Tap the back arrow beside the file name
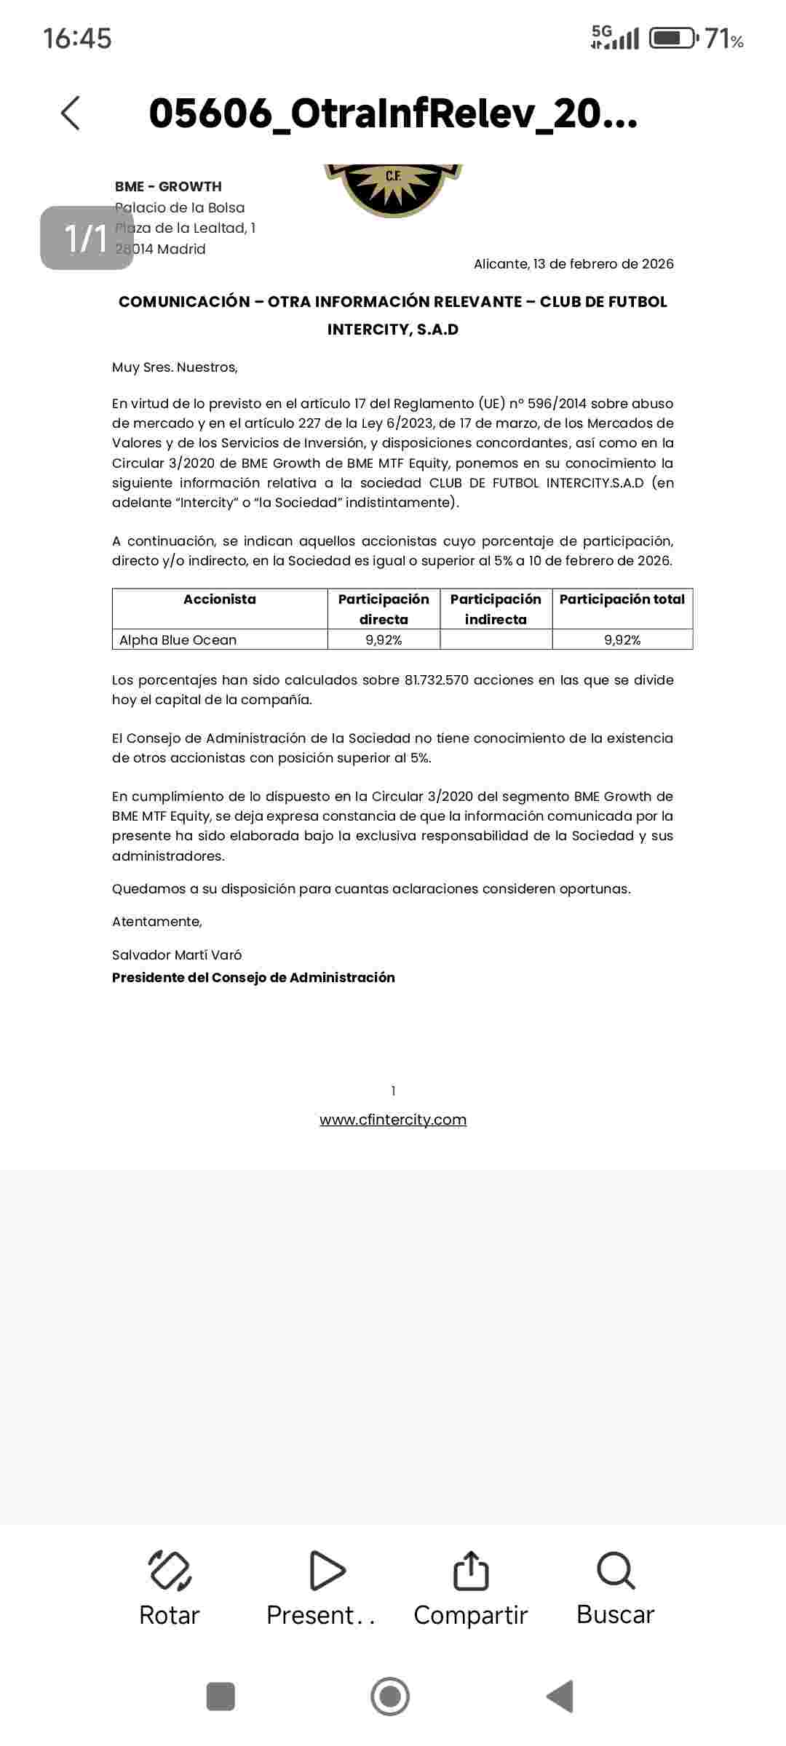[71, 113]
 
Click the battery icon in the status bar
[673, 38]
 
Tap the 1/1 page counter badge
[87, 238]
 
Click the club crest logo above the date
[393, 189]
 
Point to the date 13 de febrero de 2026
[603, 264]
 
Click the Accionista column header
[220, 599]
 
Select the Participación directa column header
[384, 609]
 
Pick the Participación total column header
[622, 599]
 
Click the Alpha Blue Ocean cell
[178, 640]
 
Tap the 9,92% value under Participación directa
[384, 640]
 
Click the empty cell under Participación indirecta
[496, 640]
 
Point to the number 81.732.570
[437, 680]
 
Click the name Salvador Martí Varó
[177, 955]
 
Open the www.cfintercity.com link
[393, 1120]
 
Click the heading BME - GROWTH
[168, 187]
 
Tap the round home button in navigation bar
[390, 1697]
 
